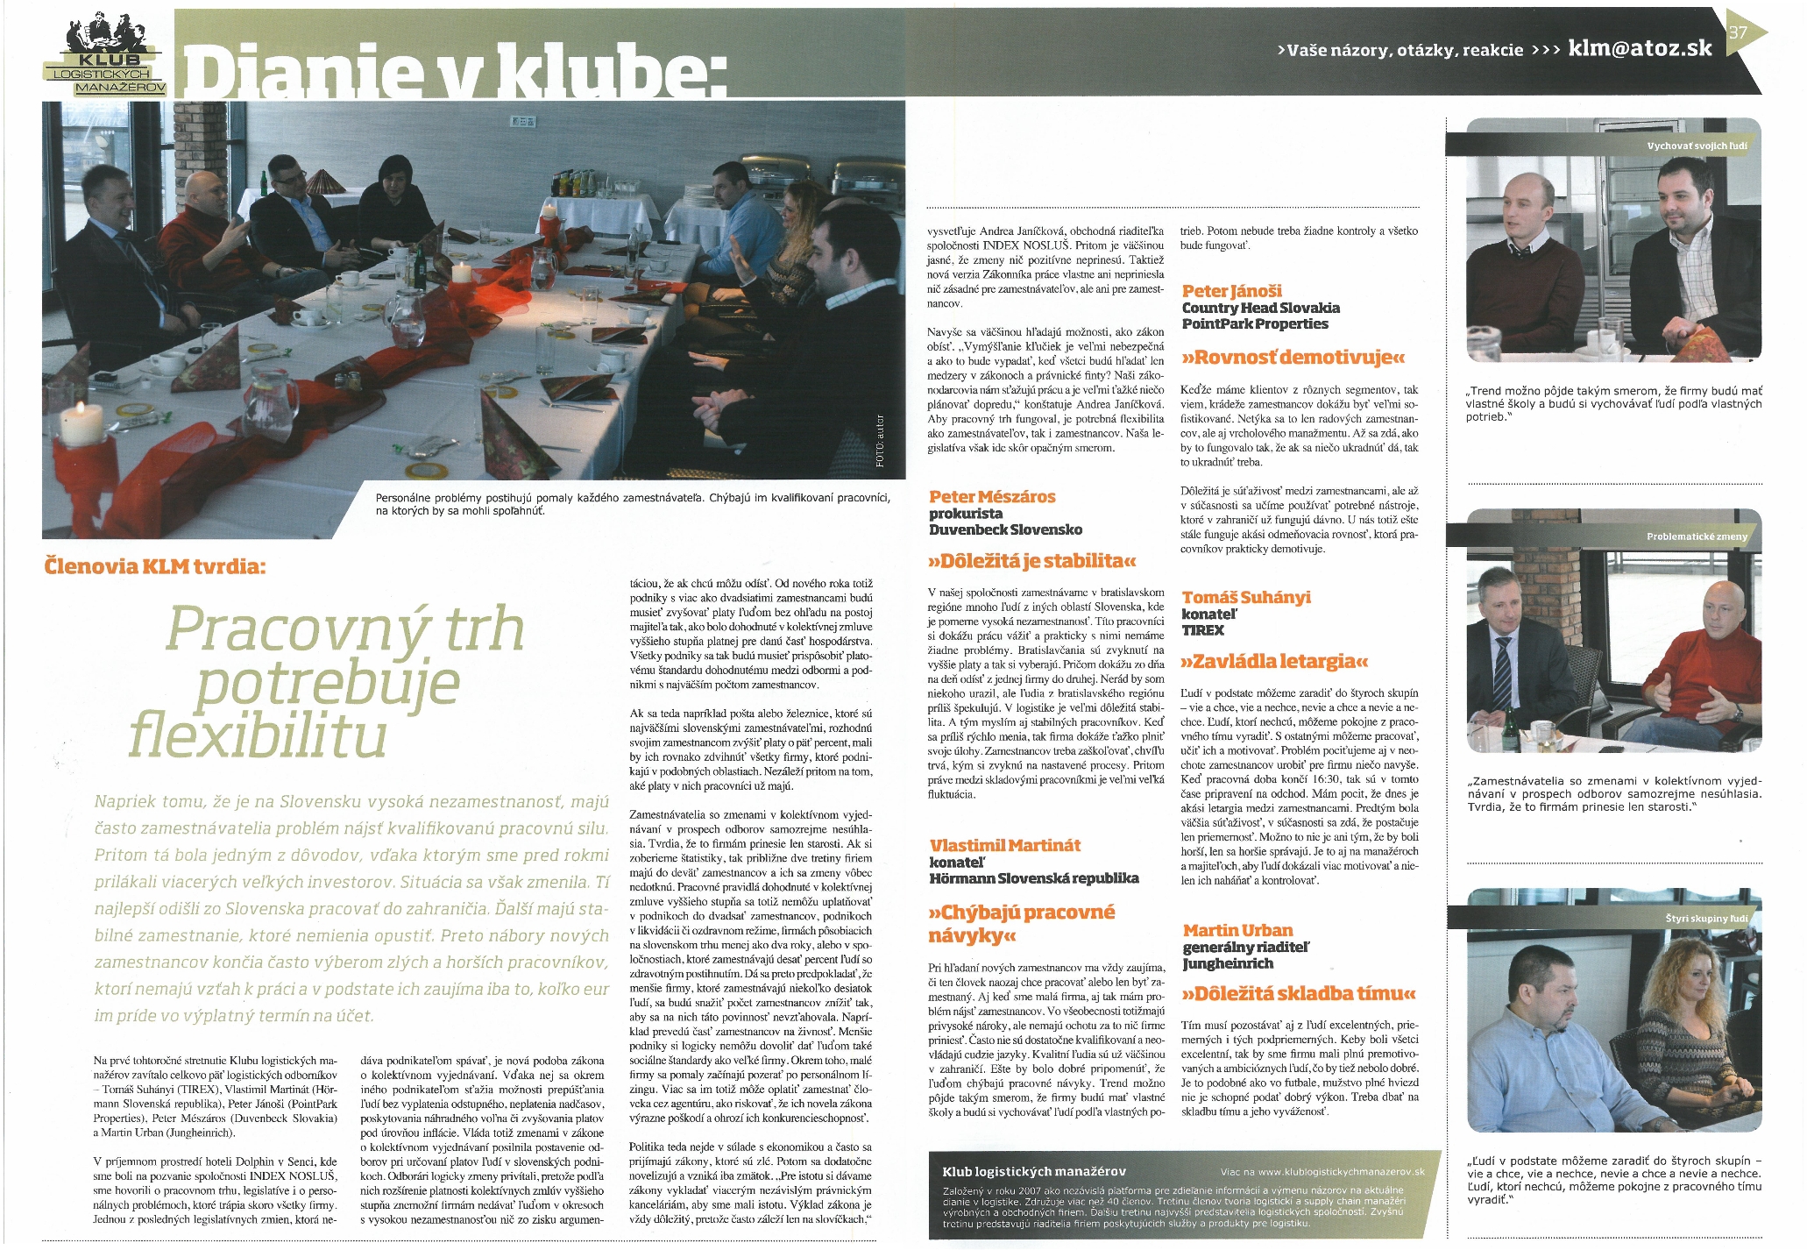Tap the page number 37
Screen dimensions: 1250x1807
[1738, 33]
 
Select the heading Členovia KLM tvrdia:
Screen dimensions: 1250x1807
[154, 566]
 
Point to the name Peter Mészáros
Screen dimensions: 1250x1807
[992, 497]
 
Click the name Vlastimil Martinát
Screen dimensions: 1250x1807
[1004, 846]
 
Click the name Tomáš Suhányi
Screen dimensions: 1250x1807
[1246, 597]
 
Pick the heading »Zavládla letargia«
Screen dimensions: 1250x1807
[1273, 660]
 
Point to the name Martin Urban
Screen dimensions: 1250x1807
[1237, 930]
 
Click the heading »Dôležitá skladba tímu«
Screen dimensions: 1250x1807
[1299, 993]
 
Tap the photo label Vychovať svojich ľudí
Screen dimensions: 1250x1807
[1697, 146]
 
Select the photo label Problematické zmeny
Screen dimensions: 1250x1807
[1697, 536]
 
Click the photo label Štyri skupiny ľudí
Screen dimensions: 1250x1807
[1706, 919]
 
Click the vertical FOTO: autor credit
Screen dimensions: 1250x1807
[880, 441]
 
